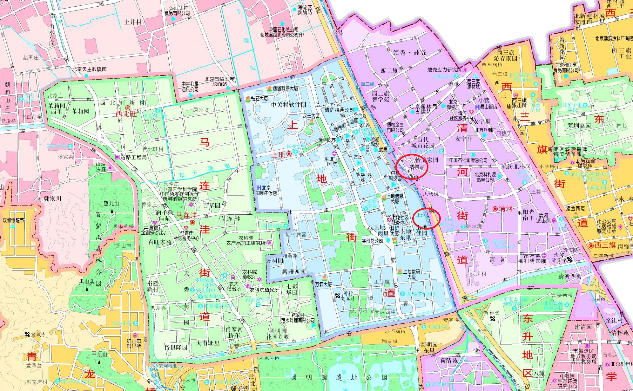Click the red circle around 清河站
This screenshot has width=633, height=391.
(412, 167)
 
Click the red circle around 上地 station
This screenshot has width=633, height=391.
(427, 218)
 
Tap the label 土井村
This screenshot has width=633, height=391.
(133, 22)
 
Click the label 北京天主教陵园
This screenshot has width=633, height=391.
(89, 69)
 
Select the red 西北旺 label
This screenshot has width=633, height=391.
(126, 114)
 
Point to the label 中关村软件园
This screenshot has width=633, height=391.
(288, 105)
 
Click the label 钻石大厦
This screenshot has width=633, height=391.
(259, 99)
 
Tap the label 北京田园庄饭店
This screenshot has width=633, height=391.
(266, 190)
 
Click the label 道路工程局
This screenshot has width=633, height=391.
(133, 157)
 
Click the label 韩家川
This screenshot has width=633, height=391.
(52, 199)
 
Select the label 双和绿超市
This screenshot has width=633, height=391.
(13, 220)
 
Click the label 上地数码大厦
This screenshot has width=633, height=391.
(411, 274)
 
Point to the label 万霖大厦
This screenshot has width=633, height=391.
(323, 284)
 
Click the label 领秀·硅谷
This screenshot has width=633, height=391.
(410, 53)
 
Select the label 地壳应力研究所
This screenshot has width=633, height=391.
(444, 69)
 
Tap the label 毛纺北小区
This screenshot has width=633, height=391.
(516, 167)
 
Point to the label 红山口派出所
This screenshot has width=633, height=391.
(134, 343)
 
